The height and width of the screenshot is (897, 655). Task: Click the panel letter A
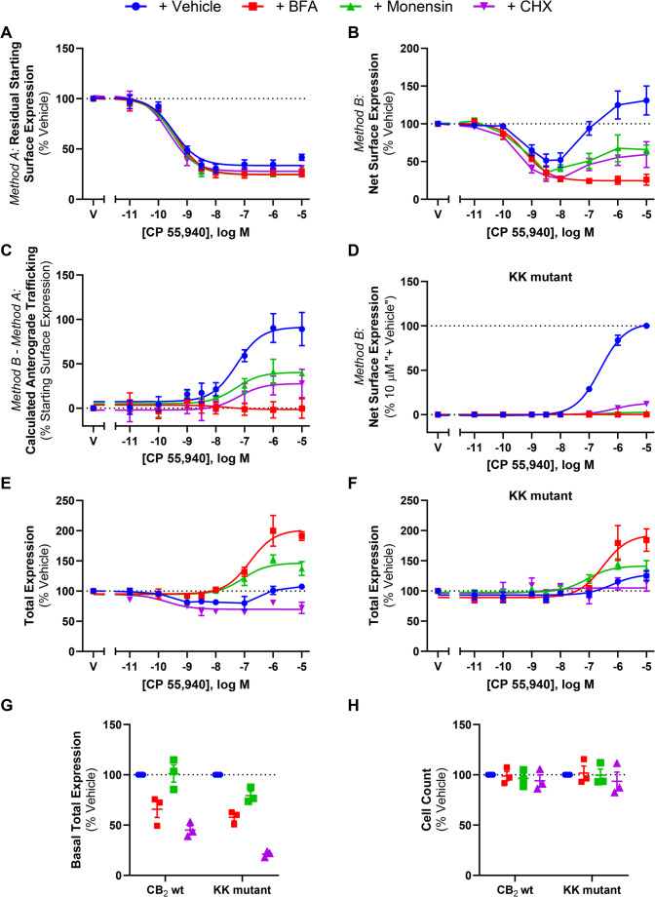pyautogui.click(x=8, y=32)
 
